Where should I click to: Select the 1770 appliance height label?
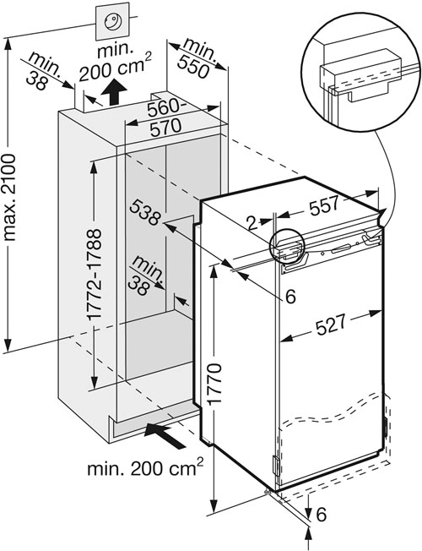point(214,384)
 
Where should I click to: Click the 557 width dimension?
point(324,205)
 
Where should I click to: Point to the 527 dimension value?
point(330,325)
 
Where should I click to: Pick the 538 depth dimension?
point(145,212)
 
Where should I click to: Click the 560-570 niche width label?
point(166,118)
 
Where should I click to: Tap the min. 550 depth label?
point(196,58)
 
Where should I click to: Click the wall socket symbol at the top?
point(112,22)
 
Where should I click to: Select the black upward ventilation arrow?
point(113,92)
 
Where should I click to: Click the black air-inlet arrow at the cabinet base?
point(165,435)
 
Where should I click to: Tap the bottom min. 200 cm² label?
point(145,467)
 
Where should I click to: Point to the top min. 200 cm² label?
point(115,62)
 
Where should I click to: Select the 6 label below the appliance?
point(322,515)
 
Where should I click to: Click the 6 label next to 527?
point(290,297)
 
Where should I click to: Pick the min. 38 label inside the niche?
point(143,276)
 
